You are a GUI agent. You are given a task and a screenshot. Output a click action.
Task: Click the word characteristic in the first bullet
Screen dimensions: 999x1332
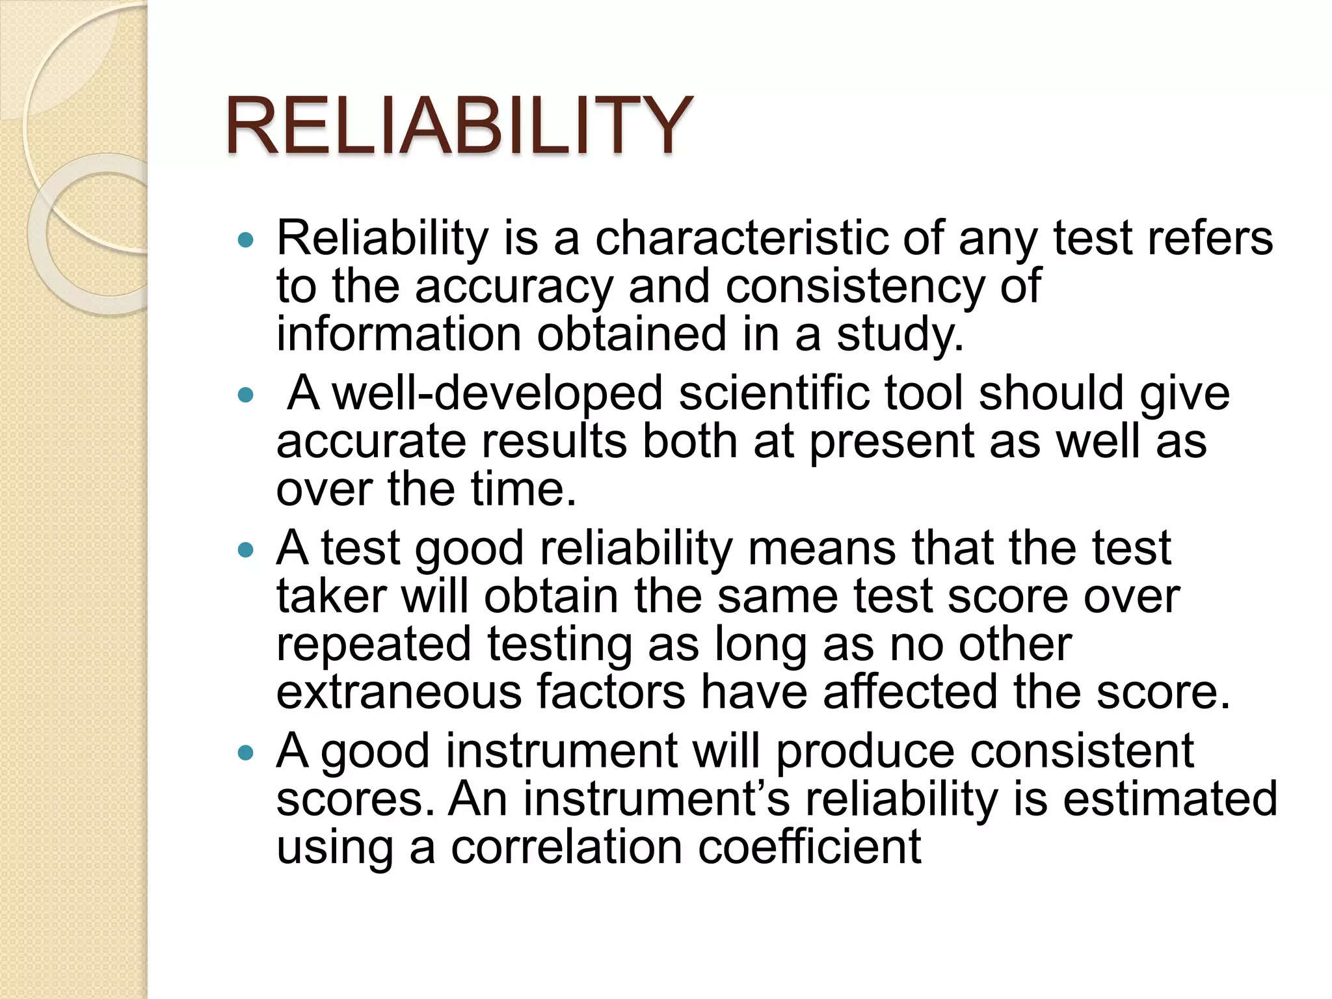[x=741, y=238]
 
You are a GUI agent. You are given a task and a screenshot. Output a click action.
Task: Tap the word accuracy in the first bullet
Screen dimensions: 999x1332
[x=514, y=286]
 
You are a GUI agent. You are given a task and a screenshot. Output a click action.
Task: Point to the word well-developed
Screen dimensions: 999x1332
[x=498, y=394]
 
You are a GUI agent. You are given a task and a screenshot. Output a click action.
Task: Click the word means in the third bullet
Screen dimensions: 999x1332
[x=822, y=548]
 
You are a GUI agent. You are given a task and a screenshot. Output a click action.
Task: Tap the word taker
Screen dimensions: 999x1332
[x=332, y=596]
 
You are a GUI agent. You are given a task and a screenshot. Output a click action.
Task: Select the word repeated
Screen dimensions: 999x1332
[x=373, y=645]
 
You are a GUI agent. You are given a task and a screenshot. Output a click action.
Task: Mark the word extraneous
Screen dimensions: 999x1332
[x=399, y=692]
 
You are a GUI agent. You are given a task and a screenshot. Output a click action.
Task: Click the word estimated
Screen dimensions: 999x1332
[x=1170, y=799]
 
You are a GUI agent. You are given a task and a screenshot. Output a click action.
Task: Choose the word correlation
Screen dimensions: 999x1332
[x=566, y=847]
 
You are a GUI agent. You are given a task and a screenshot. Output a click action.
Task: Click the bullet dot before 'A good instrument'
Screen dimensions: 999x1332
[x=245, y=753]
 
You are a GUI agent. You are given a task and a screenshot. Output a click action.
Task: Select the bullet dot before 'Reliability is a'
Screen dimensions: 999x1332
[x=245, y=240]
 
